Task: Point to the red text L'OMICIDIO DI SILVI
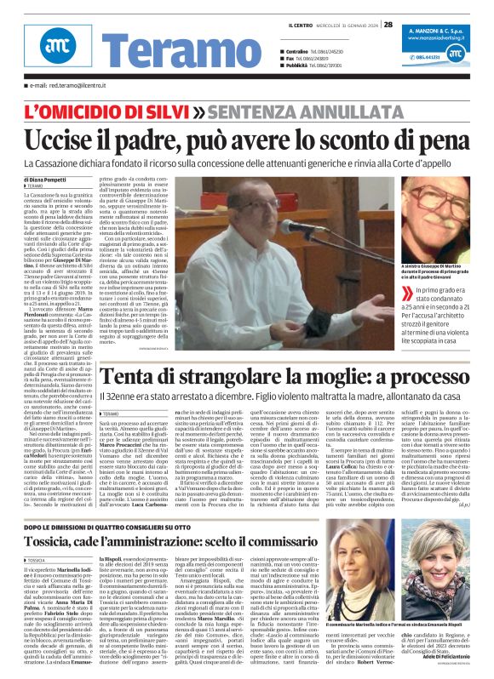106,112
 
